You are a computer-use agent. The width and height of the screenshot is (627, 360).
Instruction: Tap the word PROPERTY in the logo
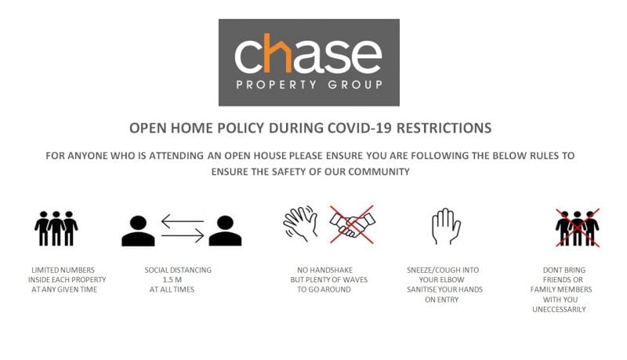click(x=277, y=85)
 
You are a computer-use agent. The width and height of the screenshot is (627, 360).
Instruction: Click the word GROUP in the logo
click(x=355, y=85)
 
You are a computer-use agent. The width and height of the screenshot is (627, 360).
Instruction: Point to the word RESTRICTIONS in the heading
click(x=444, y=128)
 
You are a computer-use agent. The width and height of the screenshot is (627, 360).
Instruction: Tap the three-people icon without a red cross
click(x=56, y=228)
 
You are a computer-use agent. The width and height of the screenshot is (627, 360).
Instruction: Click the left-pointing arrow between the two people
click(x=183, y=221)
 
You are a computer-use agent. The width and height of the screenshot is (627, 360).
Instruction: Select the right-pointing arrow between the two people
click(x=183, y=235)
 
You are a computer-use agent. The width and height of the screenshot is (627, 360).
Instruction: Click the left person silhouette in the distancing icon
click(x=138, y=231)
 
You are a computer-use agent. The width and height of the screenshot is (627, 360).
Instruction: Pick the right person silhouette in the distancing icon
click(x=225, y=231)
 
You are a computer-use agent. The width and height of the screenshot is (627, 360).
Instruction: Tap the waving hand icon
click(x=300, y=224)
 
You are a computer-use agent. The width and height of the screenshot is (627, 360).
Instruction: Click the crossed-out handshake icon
click(x=352, y=224)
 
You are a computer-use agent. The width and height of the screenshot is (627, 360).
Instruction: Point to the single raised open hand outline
click(x=446, y=226)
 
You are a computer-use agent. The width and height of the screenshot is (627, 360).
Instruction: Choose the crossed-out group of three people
click(x=578, y=227)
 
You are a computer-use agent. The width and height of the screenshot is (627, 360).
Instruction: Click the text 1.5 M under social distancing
click(x=172, y=279)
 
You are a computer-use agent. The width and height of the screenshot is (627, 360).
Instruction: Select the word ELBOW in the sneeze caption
click(x=453, y=279)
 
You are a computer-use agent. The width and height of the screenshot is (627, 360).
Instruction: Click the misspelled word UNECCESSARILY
click(x=559, y=309)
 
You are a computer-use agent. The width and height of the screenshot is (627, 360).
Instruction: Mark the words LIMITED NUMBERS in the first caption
click(x=63, y=270)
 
